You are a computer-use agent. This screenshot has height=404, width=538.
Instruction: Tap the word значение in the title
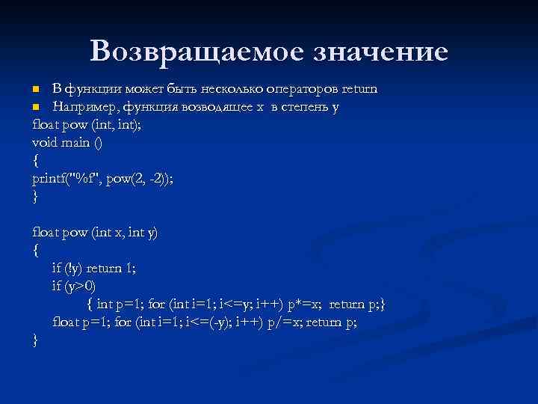(x=380, y=51)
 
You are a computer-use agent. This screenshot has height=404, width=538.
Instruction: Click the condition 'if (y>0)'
(x=75, y=286)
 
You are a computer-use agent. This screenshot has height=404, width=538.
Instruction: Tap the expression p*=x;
(x=306, y=304)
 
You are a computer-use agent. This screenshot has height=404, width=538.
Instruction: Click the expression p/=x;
(x=282, y=322)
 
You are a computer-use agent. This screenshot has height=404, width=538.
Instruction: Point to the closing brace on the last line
(x=35, y=340)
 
